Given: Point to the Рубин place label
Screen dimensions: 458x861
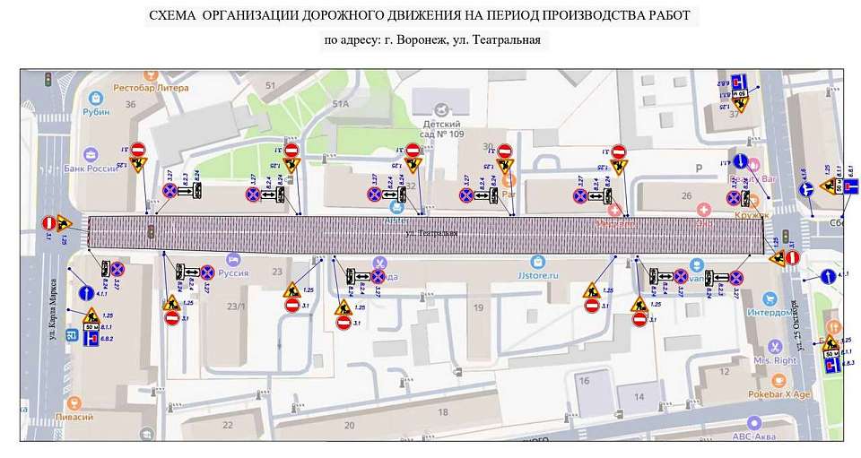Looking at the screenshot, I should pos(96,112).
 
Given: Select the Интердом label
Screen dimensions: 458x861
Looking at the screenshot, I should pos(771,313).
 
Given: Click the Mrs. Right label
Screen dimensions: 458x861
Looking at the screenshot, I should pos(775,361).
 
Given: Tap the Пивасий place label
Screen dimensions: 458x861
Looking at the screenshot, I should pos(95,418).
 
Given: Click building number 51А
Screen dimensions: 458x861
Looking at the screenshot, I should pos(341,104).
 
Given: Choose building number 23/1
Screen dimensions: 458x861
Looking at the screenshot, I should pos(236,306).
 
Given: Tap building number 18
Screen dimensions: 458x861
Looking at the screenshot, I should pos(442,411).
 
